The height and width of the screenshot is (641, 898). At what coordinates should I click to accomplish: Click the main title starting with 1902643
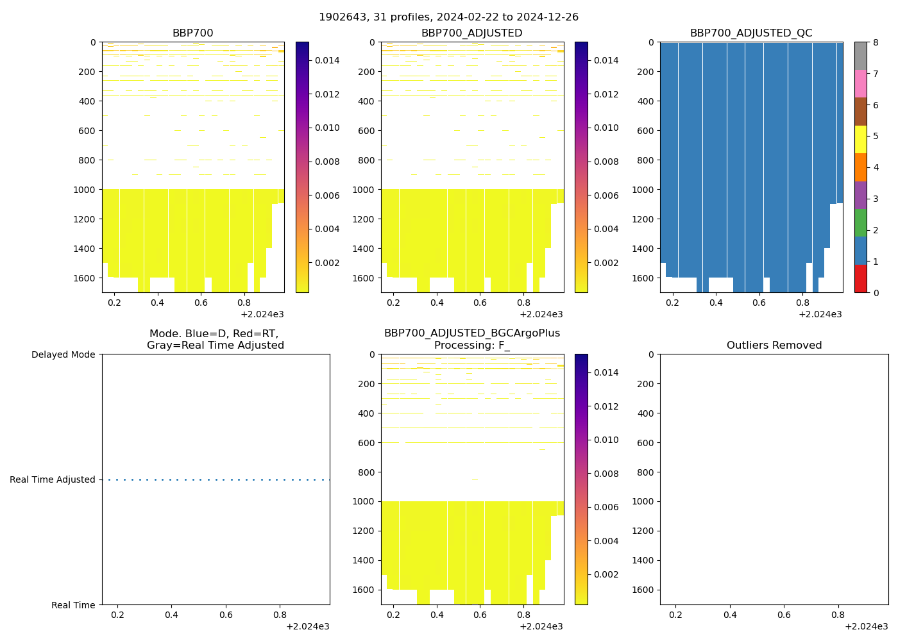[x=448, y=17]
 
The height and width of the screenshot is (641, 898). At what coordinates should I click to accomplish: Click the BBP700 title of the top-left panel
[x=192, y=33]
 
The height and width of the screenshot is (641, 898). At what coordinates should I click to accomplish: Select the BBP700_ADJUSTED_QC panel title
[x=751, y=33]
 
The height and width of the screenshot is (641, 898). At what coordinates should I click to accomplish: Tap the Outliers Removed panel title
[x=774, y=345]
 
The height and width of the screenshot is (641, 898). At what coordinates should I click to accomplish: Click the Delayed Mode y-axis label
[x=63, y=355]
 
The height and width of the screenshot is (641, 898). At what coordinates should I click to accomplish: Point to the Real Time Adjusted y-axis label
[x=52, y=480]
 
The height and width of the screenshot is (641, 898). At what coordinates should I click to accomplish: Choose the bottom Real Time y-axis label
[x=73, y=605]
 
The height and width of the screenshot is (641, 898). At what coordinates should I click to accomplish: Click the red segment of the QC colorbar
[x=860, y=279]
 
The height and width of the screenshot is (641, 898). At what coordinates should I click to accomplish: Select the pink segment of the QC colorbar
[x=860, y=83]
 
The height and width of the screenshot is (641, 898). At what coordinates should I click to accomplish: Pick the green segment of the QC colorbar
[x=860, y=222]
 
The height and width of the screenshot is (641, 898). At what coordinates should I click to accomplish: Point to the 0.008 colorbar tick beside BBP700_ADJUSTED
[x=606, y=162]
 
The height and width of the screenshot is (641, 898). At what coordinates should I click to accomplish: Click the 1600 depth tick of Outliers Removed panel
[x=643, y=590]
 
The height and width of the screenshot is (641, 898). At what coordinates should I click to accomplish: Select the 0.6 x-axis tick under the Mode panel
[x=226, y=615]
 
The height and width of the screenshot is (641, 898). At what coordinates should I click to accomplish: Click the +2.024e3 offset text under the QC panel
[x=820, y=315]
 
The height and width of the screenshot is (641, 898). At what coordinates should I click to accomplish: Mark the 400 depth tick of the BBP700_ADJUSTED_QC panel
[x=646, y=101]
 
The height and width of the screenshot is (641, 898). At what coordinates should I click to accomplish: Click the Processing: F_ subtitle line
[x=471, y=345]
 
